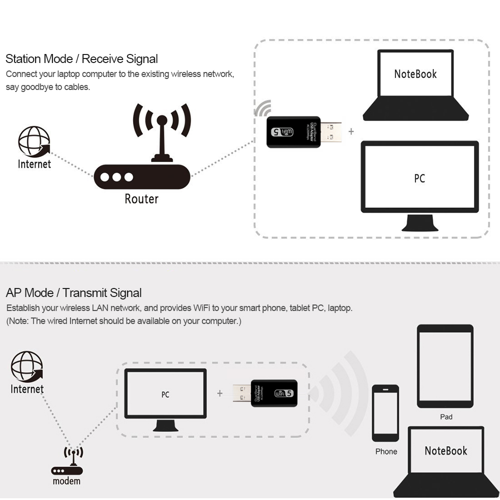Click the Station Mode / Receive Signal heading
[x=81, y=59]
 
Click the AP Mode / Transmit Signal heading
[x=73, y=293]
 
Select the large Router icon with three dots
[x=142, y=177]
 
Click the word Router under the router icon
[x=141, y=199]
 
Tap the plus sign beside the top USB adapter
[x=351, y=131]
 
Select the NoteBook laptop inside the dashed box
[x=415, y=85]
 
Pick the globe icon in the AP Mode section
[x=27, y=366]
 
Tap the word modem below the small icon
[x=66, y=481]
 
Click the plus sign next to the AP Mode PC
[x=219, y=393]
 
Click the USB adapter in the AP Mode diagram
[x=266, y=393]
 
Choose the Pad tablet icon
[x=445, y=366]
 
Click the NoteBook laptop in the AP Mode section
[x=445, y=460]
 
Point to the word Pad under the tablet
[x=446, y=416]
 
